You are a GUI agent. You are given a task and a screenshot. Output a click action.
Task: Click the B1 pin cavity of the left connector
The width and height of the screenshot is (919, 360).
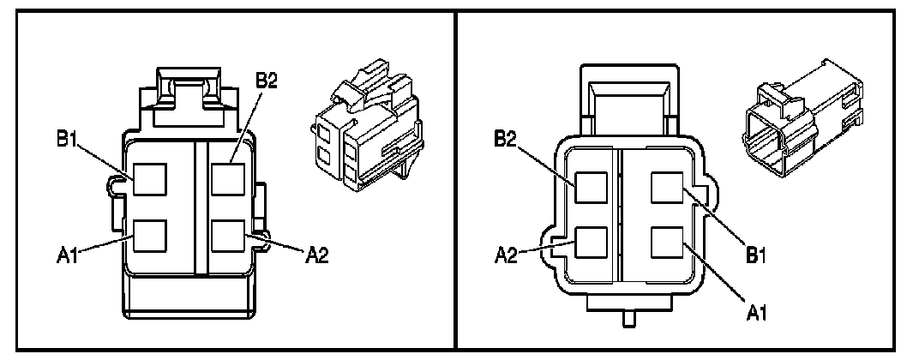point(147,179)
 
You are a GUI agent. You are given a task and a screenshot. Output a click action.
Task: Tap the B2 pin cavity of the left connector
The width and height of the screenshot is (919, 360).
point(227,179)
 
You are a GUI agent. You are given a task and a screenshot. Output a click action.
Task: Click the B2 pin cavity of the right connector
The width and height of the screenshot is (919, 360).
point(592,187)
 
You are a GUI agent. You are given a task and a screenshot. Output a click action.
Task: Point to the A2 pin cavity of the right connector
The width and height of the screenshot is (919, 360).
point(592,243)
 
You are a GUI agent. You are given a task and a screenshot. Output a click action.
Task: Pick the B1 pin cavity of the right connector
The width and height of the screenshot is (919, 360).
point(666,187)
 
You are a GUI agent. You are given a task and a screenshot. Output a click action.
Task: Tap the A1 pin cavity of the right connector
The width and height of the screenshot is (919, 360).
point(666,243)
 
